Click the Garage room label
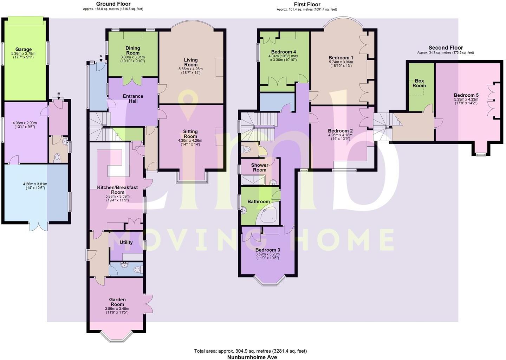tap(23, 50)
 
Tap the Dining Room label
tap(132, 50)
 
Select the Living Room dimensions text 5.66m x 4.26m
tap(190, 69)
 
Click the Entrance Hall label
tap(133, 98)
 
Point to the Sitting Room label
tap(190, 134)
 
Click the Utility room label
tap(126, 242)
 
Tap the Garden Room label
tap(117, 302)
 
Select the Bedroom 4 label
tap(283, 52)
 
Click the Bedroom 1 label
tap(340, 58)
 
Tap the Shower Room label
tap(259, 167)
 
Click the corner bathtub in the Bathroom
tap(270, 215)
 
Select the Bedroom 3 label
tap(267, 250)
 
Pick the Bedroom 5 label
tap(466, 95)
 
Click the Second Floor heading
tap(445, 48)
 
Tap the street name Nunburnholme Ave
tap(252, 357)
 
